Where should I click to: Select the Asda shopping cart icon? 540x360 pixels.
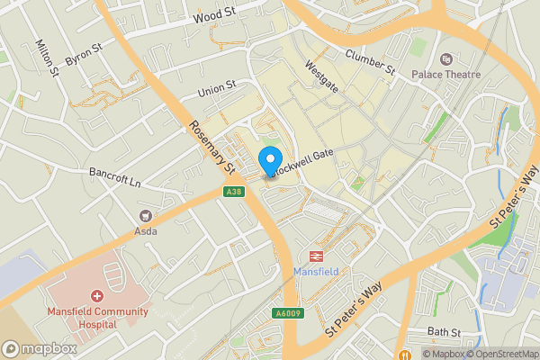coord(145,216)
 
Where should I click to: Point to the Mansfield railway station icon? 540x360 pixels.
coord(316,256)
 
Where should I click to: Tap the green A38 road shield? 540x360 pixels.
coord(234,192)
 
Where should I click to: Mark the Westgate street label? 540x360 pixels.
coord(321,77)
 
